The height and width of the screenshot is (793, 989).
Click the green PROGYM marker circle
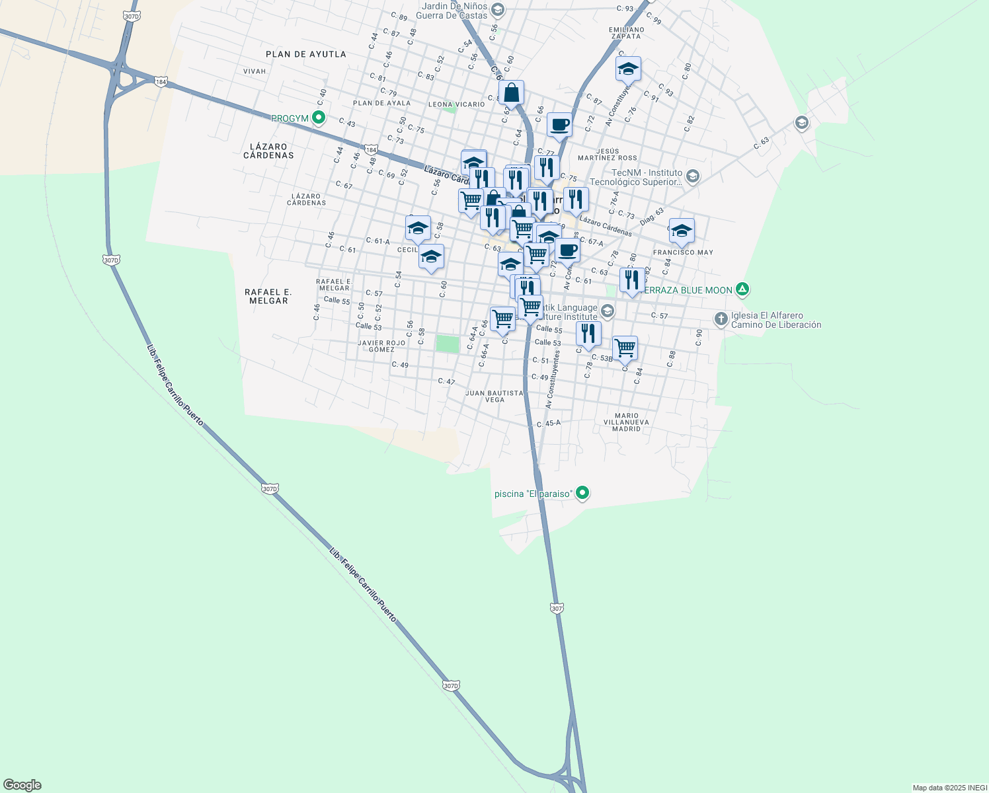click(319, 118)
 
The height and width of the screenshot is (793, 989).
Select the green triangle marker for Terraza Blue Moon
click(742, 289)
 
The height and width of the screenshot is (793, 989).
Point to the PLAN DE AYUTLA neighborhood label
click(305, 54)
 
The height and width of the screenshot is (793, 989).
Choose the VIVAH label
click(255, 71)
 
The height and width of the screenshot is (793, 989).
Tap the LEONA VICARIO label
click(456, 104)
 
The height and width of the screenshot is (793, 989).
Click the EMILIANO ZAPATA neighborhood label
click(626, 33)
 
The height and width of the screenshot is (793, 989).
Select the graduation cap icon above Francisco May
click(682, 231)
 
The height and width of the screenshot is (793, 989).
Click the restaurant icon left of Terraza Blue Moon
click(632, 280)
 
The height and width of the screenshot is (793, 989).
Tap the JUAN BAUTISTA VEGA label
click(494, 397)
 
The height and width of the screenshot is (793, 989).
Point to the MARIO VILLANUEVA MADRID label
click(626, 422)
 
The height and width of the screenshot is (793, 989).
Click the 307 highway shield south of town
click(557, 607)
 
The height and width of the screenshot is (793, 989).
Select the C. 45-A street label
click(549, 424)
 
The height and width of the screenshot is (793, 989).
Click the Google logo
click(22, 785)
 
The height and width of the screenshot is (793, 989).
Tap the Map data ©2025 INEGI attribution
click(949, 788)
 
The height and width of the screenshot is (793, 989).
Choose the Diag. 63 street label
click(651, 216)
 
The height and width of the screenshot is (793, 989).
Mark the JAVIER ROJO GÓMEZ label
click(381, 346)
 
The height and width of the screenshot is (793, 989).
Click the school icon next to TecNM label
click(692, 176)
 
